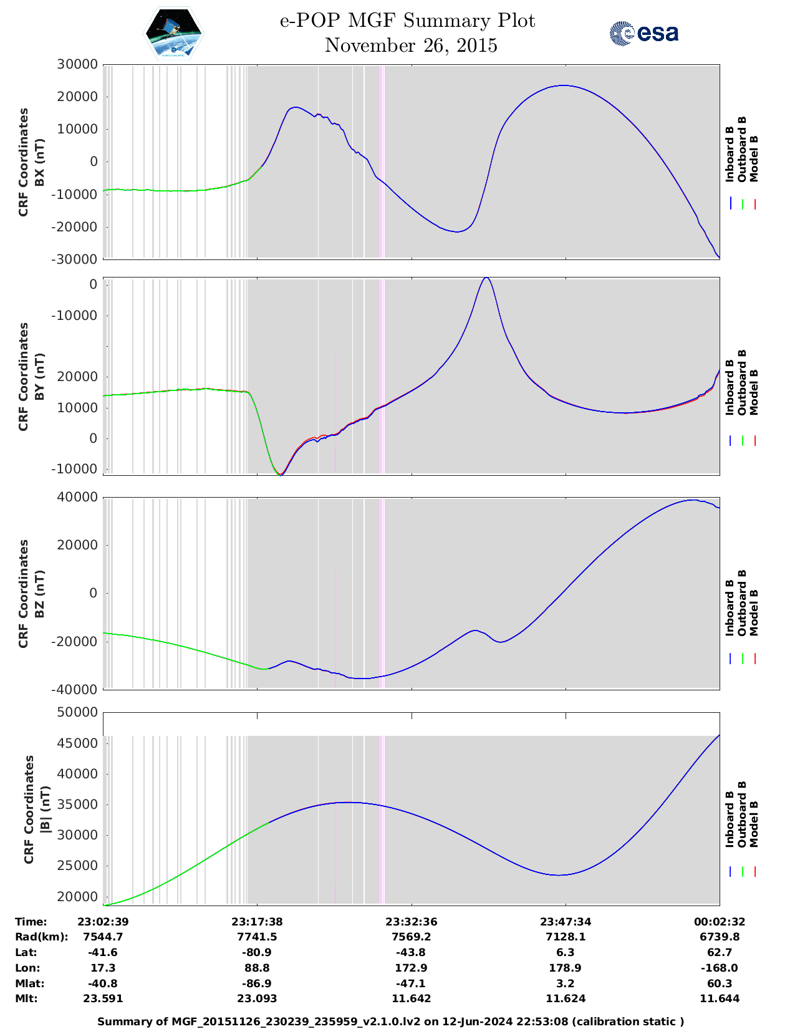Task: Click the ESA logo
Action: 643,33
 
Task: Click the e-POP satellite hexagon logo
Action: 174,33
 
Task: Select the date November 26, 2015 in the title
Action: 411,46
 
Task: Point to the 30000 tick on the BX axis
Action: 77,64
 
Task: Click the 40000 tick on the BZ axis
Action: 77,497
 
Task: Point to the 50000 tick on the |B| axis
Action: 77,712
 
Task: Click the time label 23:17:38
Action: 257,921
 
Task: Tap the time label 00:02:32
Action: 720,921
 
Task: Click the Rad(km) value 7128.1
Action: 566,937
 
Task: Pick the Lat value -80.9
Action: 257,952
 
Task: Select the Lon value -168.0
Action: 720,968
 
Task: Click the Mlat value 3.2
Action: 566,983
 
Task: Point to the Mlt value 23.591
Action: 103,998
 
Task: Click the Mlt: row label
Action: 26,998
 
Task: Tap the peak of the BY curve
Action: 486,278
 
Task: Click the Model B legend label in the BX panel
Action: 754,158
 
